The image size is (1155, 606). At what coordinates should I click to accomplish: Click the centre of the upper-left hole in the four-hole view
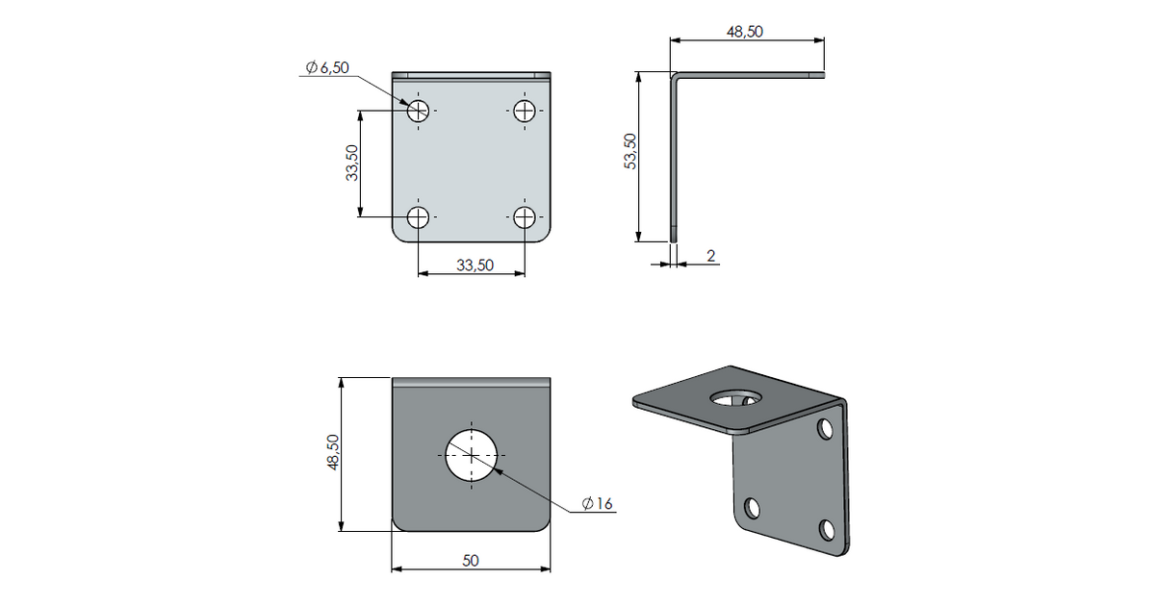pos(418,111)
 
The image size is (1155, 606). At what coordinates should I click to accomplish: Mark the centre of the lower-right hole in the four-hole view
pos(525,217)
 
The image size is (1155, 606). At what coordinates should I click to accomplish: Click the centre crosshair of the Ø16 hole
pos(472,456)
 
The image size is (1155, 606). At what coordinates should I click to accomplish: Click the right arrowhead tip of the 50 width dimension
pos(551,568)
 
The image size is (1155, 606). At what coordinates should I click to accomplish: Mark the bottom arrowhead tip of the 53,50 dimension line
pos(638,241)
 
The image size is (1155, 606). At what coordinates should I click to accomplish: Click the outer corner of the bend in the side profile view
pos(671,72)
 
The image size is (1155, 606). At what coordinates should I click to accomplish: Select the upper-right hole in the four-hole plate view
pos(525,111)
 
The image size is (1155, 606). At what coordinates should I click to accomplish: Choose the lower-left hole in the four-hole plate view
pos(418,217)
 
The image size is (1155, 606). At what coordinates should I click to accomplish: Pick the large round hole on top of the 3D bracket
pos(736,397)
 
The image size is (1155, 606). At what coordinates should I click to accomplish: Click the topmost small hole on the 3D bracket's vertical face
pos(826,429)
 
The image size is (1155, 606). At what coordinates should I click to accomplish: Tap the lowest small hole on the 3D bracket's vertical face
pos(827,530)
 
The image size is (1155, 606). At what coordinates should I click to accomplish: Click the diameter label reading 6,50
pos(327,67)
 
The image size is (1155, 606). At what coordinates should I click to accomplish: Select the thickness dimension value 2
pos(711,256)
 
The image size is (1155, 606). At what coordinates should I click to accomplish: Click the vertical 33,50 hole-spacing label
pos(352,163)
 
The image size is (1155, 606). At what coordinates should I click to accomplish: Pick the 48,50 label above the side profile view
pos(745,32)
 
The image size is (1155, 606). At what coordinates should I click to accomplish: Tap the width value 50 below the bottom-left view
pos(471,561)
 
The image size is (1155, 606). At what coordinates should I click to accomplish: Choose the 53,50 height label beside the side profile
pos(630,151)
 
